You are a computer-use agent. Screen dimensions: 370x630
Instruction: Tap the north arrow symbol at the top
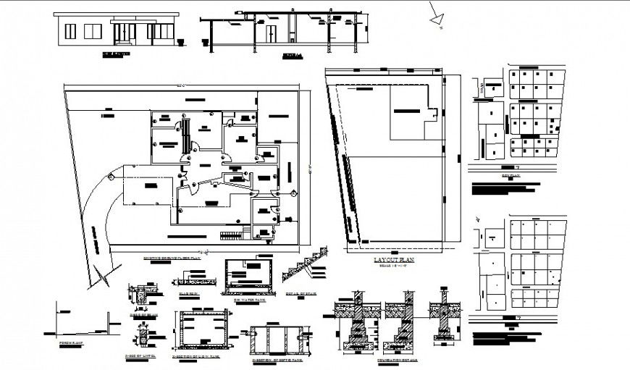point(437,17)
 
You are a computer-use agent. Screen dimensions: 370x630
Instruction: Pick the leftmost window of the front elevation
point(70,31)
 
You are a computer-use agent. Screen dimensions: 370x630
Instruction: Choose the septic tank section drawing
point(278,338)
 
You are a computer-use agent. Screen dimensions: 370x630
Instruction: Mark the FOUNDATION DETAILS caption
point(394,359)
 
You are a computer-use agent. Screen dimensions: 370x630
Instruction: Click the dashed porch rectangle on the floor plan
point(149,185)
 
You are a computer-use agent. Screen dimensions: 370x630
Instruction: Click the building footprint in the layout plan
point(413,112)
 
